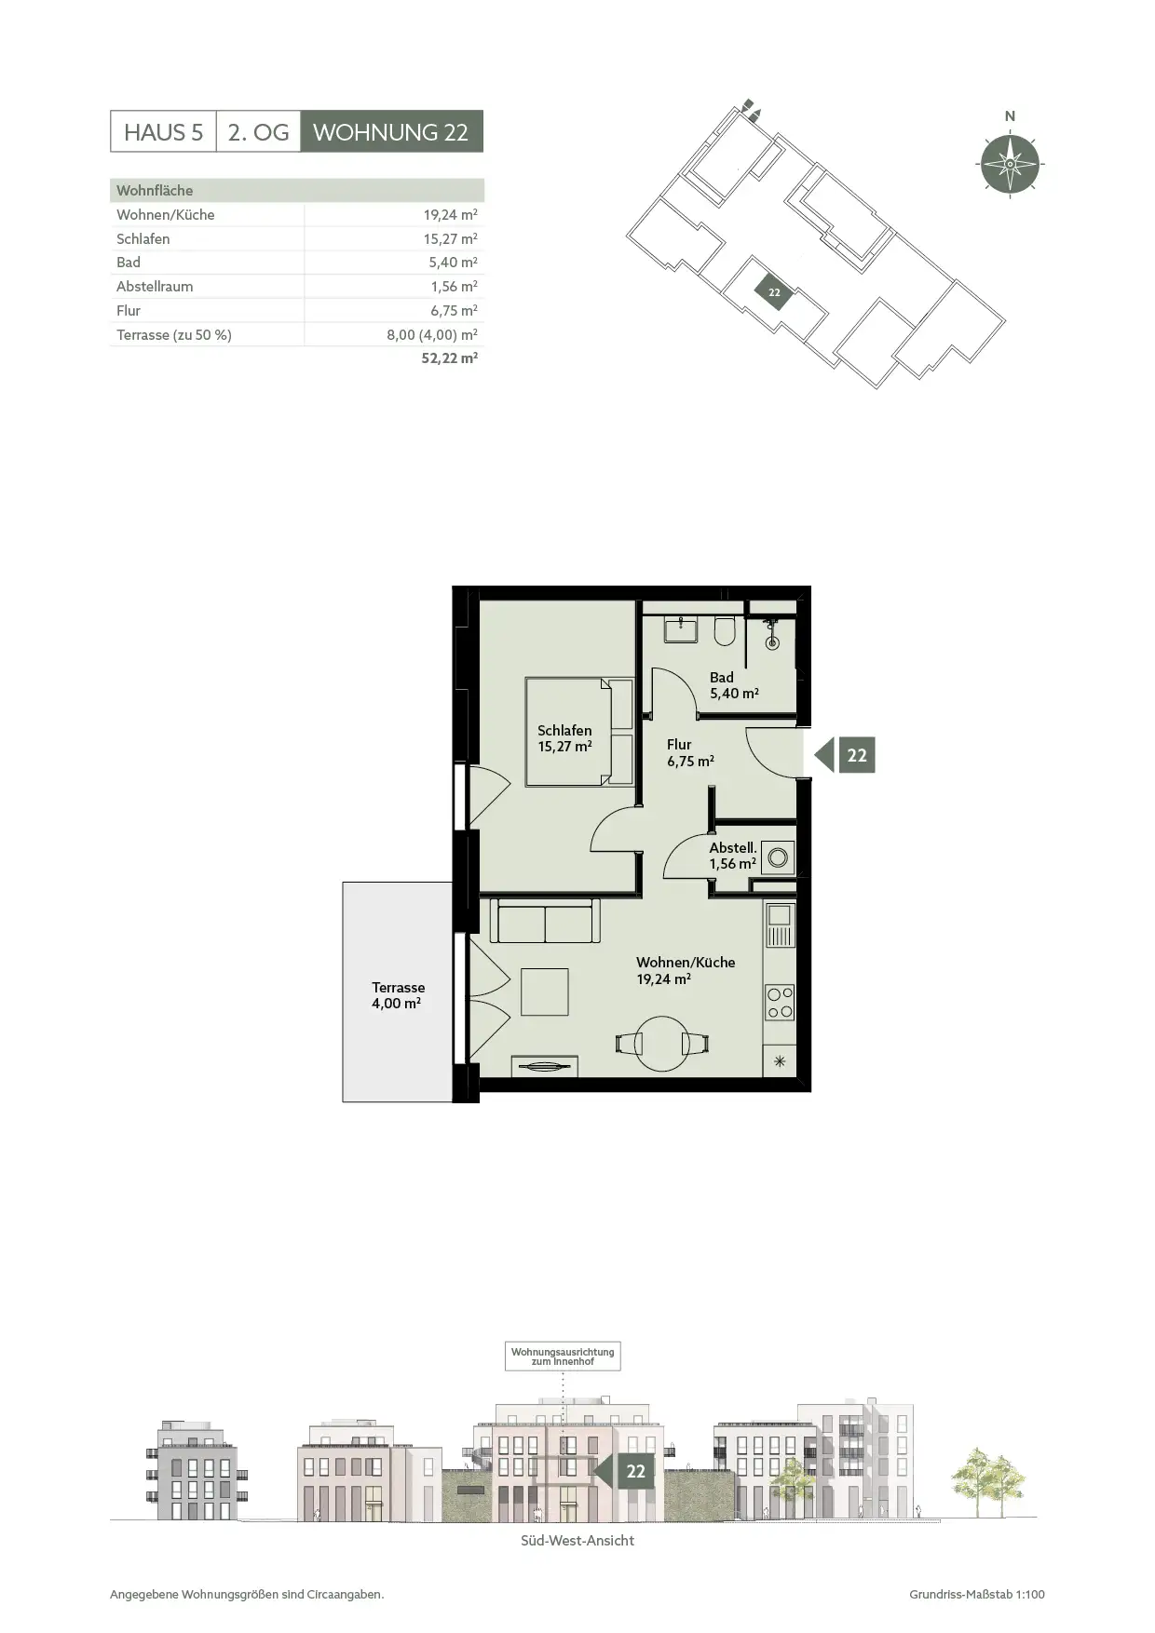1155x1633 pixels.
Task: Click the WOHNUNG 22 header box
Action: pyautogui.click(x=391, y=131)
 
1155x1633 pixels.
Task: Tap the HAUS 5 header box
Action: pyautogui.click(x=163, y=131)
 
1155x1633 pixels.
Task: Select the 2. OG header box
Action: pyautogui.click(x=258, y=131)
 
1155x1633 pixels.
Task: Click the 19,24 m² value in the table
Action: pyautogui.click(x=451, y=214)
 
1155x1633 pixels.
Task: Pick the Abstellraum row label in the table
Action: pyautogui.click(x=155, y=287)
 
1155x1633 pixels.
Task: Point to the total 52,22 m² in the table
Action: pyautogui.click(x=450, y=358)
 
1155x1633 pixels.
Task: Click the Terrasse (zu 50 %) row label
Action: pyautogui.click(x=174, y=334)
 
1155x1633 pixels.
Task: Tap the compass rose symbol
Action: pyautogui.click(x=1011, y=165)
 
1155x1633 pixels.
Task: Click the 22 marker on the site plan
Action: pyautogui.click(x=774, y=292)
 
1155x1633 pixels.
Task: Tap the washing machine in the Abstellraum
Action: pyautogui.click(x=778, y=857)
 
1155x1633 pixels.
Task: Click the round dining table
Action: pyautogui.click(x=662, y=1043)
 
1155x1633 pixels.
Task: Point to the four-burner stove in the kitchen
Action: pyautogui.click(x=780, y=1003)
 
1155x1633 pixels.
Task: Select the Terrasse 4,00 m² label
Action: pyautogui.click(x=398, y=995)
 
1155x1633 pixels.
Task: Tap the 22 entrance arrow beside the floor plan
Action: pyautogui.click(x=845, y=755)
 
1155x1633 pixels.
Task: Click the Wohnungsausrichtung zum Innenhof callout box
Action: pyautogui.click(x=563, y=1356)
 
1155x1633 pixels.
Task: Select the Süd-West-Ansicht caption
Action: pyautogui.click(x=577, y=1541)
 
